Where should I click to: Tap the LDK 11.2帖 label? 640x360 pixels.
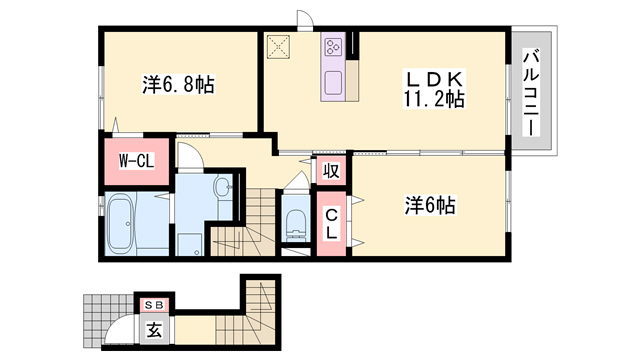click(x=433, y=88)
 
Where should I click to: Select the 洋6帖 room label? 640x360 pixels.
click(x=430, y=206)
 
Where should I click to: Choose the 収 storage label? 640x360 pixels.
click(x=331, y=171)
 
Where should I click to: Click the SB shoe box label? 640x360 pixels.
click(x=155, y=303)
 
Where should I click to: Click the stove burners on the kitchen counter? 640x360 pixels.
click(x=333, y=46)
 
